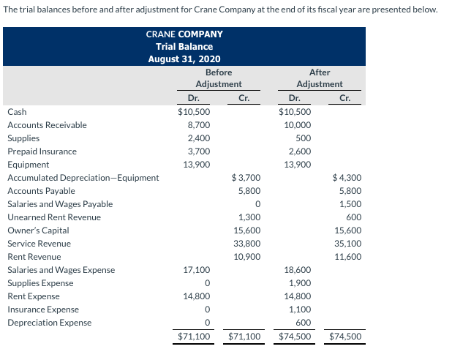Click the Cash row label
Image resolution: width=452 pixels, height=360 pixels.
tap(17, 112)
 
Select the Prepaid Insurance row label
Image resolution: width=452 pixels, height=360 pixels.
tap(42, 151)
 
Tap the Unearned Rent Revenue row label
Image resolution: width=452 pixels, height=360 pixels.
tap(54, 217)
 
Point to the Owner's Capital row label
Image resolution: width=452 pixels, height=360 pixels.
tap(38, 230)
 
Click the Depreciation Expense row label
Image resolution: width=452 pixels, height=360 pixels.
tap(49, 323)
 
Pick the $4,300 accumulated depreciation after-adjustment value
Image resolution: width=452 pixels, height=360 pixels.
tap(347, 178)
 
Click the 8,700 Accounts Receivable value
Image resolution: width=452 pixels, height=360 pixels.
tap(200, 125)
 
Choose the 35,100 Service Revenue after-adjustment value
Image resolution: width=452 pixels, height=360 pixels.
tap(347, 244)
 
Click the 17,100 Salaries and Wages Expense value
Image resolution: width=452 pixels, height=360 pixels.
tap(197, 270)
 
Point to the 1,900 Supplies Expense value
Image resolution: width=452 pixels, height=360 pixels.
tap(300, 283)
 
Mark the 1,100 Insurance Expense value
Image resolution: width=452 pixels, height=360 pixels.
tap(300, 310)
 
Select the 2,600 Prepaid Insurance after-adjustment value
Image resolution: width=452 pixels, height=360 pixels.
tap(299, 151)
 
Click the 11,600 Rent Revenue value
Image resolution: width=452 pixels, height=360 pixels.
tap(347, 257)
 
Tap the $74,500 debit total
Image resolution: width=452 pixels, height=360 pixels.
tap(295, 337)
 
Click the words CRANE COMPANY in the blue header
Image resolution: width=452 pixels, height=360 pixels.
tap(184, 34)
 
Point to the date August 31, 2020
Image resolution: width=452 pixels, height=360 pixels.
tap(184, 59)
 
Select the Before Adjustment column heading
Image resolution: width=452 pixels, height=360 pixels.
tap(219, 78)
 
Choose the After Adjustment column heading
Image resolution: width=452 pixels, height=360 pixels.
tap(320, 78)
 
